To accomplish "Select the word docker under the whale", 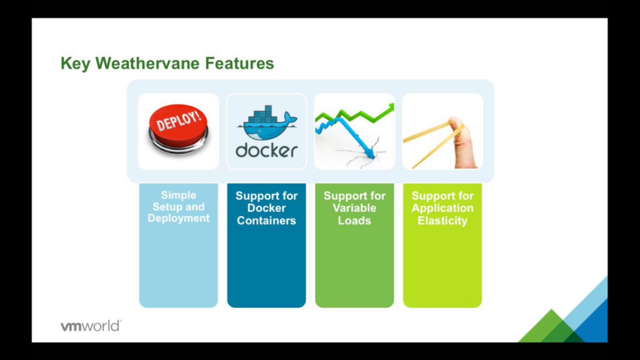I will pos(266,150).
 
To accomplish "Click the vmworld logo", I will pos(90,326).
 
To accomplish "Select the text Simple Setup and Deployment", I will pos(178,207).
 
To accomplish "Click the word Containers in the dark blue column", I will pos(266,220).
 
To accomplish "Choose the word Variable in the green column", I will pos(354,208).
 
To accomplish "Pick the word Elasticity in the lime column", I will pos(442,220).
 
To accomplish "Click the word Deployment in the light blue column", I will pos(178,218).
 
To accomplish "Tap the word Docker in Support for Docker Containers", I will pos(266,208).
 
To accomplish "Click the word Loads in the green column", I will pos(354,220).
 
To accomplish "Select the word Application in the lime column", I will pos(442,208).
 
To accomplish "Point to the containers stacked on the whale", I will pos(266,114).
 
